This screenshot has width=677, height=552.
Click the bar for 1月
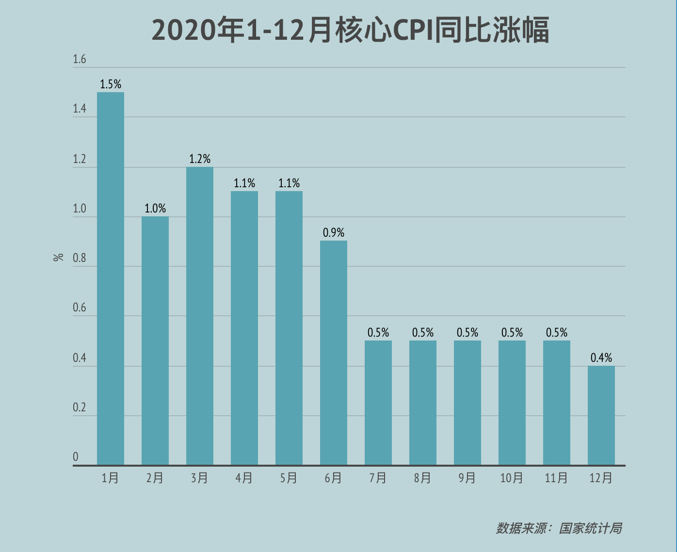tap(111, 278)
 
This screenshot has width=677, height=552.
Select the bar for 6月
tap(334, 353)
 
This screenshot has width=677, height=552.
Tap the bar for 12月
tap(601, 415)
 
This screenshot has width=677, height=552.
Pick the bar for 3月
tap(200, 316)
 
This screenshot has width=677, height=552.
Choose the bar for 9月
tap(467, 403)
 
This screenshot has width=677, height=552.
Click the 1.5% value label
tap(111, 84)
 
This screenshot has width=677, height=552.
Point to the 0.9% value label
tap(334, 233)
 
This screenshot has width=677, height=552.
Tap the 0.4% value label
tap(601, 358)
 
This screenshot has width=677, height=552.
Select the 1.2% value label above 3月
tap(200, 159)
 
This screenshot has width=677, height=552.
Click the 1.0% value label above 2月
tap(155, 209)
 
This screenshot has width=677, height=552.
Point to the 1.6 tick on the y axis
tap(80, 60)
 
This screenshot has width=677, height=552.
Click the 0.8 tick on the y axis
tap(80, 259)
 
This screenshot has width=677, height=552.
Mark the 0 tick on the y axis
tap(76, 457)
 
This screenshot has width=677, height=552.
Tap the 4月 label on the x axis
tap(244, 478)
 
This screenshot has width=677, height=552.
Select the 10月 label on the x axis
tap(512, 478)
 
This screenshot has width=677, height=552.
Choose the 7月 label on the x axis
tap(378, 478)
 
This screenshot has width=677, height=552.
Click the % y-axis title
tap(59, 257)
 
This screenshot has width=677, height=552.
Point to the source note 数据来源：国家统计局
tap(559, 528)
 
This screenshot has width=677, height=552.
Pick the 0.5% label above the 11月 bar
tap(557, 333)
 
